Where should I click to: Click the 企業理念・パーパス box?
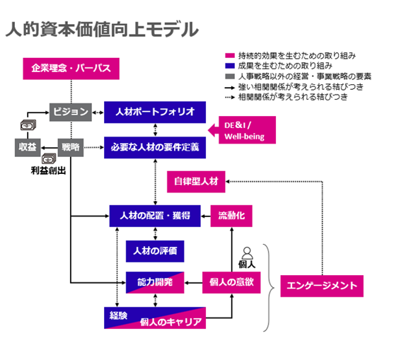pos(71,69)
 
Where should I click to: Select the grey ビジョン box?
pos(70,112)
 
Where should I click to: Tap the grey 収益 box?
pos(28,148)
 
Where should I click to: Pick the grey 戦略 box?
pos(71,148)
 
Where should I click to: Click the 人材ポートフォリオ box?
pos(155,112)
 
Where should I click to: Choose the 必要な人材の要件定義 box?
pos(155,148)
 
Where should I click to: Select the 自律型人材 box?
pos(196,182)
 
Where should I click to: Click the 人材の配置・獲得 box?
pos(155,216)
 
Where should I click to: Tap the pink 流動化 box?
pos(231,216)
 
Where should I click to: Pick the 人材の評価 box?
pos(155,251)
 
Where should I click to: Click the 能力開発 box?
pos(155,282)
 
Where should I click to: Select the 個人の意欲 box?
pos(231,282)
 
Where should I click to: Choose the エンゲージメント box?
pos(322,286)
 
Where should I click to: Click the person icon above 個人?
pos(247,253)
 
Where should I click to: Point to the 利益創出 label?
pos(48,171)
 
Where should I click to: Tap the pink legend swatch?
pos(230,55)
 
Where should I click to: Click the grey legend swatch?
pos(230,76)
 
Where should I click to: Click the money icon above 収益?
pos(28,125)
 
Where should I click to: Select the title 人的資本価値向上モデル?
pos(102,30)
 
